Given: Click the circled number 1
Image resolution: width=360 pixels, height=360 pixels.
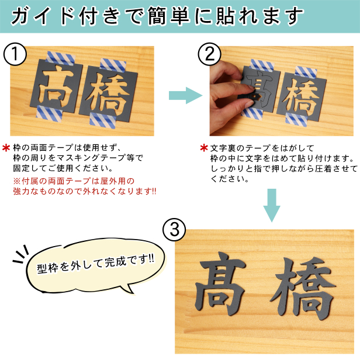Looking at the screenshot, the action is (15, 54).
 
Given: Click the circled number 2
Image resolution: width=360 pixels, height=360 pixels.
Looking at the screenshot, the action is (209, 54).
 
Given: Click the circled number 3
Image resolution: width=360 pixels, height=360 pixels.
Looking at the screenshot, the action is (174, 229).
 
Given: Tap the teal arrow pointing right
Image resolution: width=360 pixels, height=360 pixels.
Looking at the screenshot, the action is (185, 95).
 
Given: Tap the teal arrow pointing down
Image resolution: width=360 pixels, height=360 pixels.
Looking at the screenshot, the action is (272, 205).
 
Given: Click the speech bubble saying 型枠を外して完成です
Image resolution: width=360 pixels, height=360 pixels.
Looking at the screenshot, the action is (95, 266).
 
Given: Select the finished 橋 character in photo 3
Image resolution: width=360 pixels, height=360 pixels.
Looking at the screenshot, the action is (303, 289).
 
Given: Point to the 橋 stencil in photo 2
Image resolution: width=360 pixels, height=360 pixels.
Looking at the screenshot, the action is (301, 97).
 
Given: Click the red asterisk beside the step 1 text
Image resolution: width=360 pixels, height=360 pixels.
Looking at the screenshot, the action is (6, 148).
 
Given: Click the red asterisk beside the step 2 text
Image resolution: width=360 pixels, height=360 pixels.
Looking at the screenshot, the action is (204, 148).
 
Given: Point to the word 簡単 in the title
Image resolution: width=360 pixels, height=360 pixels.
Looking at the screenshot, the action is (169, 16).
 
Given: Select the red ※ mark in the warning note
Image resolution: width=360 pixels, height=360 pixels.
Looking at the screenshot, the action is (17, 181).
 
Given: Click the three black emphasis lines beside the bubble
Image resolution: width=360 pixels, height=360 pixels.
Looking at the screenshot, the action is (20, 254).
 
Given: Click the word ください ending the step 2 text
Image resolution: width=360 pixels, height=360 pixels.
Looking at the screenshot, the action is (230, 179).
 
